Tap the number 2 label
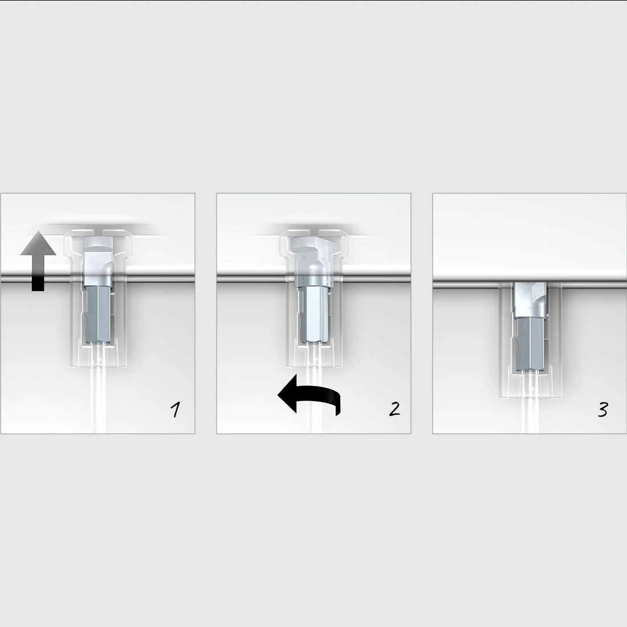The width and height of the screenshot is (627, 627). click(394, 408)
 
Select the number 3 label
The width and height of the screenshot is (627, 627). click(602, 409)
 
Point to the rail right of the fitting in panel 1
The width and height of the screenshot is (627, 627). click(160, 277)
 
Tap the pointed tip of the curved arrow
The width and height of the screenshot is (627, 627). click(279, 394)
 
